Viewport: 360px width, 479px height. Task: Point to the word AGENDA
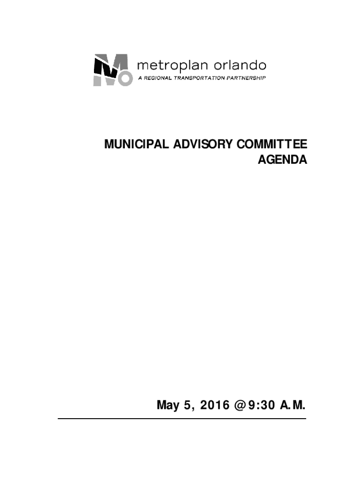[283, 160]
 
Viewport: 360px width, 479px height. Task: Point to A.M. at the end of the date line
[293, 405]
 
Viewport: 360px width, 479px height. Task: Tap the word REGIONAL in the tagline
[158, 78]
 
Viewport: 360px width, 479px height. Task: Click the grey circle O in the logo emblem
[122, 79]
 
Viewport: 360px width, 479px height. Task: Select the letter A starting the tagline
[139, 78]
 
